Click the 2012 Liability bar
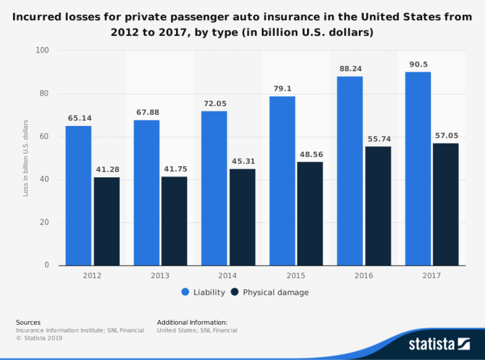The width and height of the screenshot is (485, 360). tap(78, 195)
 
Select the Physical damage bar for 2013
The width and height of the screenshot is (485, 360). tap(174, 221)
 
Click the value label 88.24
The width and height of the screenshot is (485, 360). tap(350, 69)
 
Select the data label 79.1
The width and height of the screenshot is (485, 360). tap(282, 89)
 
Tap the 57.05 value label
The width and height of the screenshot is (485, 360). tap(446, 136)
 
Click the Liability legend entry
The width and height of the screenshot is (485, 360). tap(204, 292)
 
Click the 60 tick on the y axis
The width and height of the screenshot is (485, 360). tap(44, 136)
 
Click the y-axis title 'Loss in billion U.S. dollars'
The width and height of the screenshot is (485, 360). tap(26, 158)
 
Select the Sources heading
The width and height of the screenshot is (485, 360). tap(28, 322)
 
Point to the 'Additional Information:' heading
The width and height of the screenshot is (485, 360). tap(192, 322)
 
